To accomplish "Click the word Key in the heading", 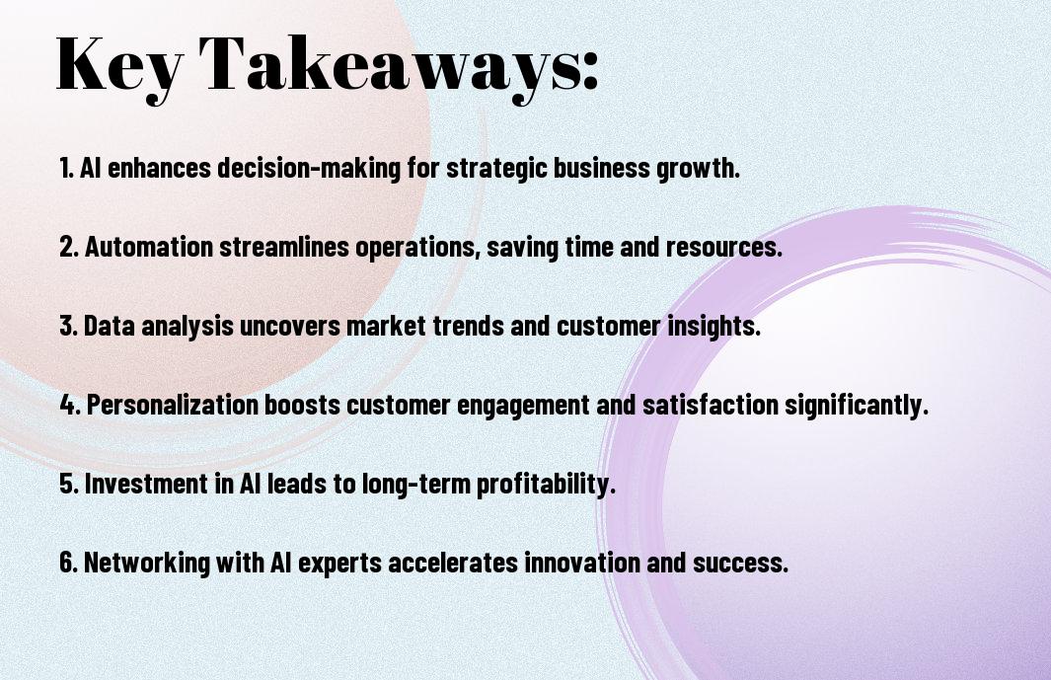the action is tap(119, 66).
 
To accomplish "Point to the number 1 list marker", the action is tap(66, 168).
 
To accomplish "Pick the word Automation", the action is tap(148, 246).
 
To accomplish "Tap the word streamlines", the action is tap(284, 246).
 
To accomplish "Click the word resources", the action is tap(724, 247).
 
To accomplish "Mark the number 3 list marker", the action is tap(68, 326).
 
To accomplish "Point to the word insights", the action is tap(713, 327).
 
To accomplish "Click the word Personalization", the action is tap(173, 405).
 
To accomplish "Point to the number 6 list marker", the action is tap(68, 562).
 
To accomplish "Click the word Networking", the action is tap(147, 563).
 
